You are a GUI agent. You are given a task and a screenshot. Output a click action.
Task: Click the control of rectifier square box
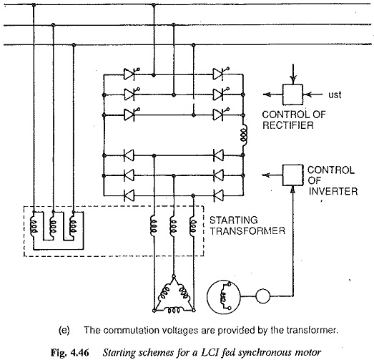click(292, 94)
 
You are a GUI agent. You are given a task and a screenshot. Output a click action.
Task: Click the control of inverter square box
click(292, 175)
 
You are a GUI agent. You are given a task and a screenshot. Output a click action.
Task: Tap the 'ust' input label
click(335, 95)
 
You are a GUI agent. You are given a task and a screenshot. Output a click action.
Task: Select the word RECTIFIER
click(288, 125)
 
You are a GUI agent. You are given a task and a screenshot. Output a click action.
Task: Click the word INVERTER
click(333, 192)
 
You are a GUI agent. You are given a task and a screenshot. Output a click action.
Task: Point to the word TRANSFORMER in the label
click(247, 231)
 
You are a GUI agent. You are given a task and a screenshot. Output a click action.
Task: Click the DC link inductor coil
click(244, 135)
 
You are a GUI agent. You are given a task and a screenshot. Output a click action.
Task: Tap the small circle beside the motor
click(263, 296)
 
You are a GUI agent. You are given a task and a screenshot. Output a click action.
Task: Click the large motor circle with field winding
click(224, 296)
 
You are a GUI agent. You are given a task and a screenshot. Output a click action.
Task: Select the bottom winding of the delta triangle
click(174, 311)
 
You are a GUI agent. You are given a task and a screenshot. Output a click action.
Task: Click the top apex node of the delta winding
click(174, 276)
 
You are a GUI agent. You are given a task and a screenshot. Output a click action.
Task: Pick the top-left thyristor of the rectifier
click(130, 74)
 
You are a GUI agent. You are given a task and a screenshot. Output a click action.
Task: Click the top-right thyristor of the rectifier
click(220, 74)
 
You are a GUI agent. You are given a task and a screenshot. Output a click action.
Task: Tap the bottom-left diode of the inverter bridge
click(129, 196)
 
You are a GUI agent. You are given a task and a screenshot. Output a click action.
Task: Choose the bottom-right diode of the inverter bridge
click(218, 196)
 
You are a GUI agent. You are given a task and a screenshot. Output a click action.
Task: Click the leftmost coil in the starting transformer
click(34, 225)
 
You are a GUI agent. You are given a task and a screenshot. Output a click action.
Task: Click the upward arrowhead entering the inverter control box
click(292, 190)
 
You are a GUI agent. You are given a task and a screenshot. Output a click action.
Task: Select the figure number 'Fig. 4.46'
click(70, 353)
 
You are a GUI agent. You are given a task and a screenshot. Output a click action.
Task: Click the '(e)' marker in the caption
click(64, 331)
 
